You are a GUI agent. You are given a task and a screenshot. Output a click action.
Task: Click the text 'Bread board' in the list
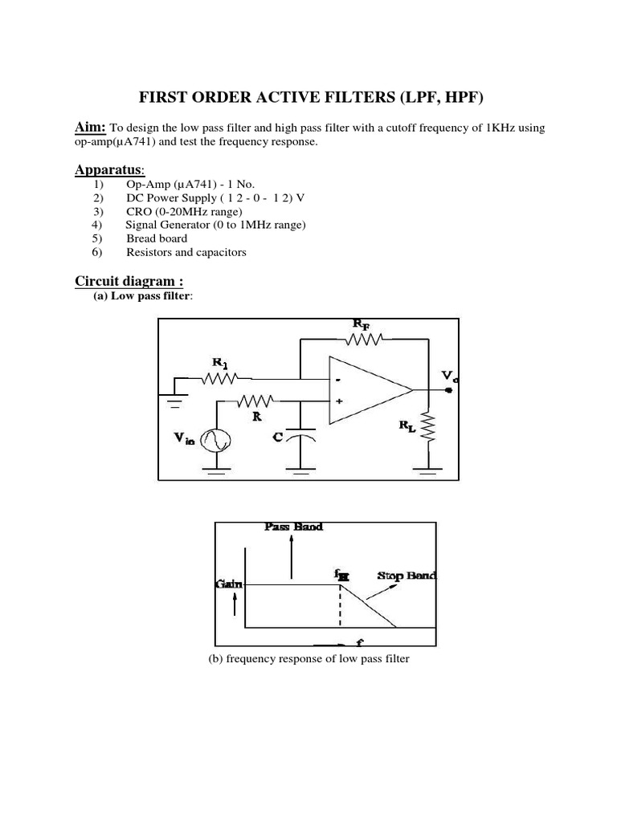pyautogui.click(x=157, y=238)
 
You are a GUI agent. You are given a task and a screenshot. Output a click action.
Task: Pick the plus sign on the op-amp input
pyautogui.click(x=339, y=401)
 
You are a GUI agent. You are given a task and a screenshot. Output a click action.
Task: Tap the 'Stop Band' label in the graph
pyautogui.click(x=407, y=576)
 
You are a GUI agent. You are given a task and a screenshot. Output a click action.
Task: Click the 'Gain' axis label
pyautogui.click(x=229, y=584)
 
